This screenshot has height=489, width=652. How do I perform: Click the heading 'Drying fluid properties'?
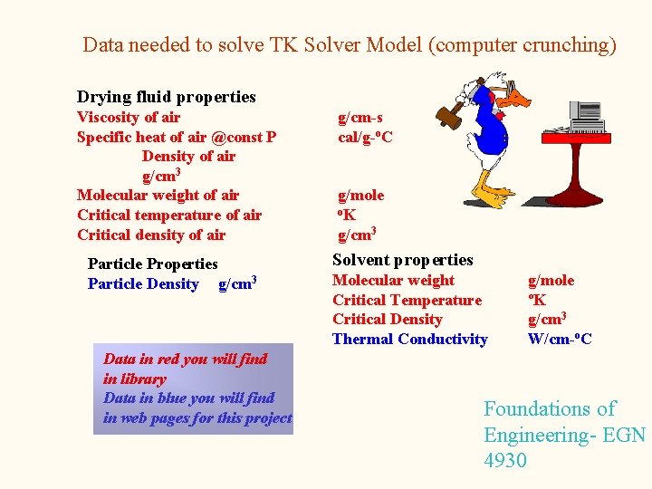[166, 97]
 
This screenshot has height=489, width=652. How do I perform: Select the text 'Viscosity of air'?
[129, 117]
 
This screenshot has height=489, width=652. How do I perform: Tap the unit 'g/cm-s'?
[360, 117]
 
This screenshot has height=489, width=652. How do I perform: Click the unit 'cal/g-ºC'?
[365, 137]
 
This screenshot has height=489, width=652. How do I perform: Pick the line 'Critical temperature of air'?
[169, 215]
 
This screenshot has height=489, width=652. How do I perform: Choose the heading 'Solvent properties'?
[403, 260]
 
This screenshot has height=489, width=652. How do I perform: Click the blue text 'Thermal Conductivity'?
[409, 339]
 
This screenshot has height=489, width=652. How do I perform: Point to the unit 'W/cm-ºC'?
[560, 339]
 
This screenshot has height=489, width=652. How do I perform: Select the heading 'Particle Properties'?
[152, 264]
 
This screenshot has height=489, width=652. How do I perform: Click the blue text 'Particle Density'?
[143, 283]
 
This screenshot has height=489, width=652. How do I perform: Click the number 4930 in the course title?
[505, 460]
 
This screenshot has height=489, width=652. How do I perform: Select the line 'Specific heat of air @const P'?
[177, 137]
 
